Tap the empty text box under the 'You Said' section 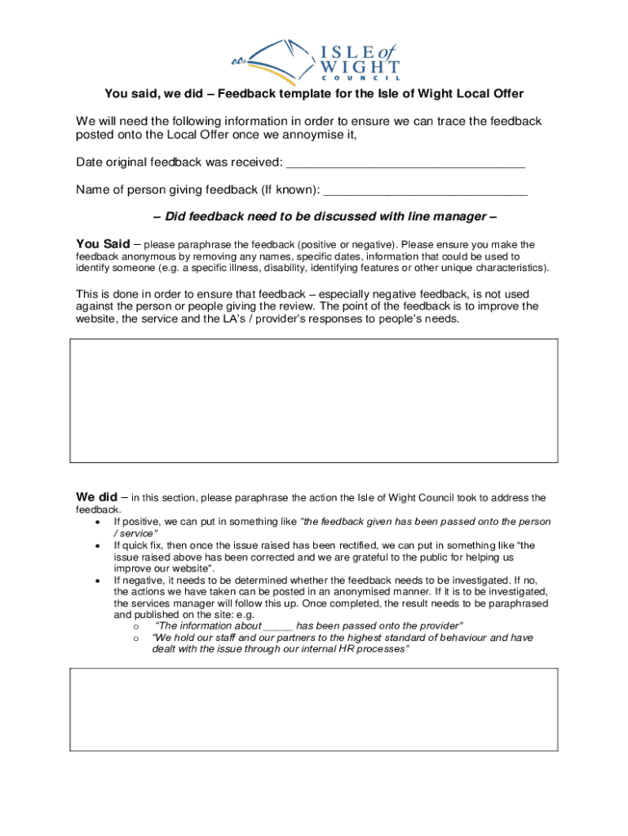(314, 401)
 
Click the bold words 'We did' (95, 497)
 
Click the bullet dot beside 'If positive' (99, 522)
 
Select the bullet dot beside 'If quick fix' (99, 545)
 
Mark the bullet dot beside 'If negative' (99, 580)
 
